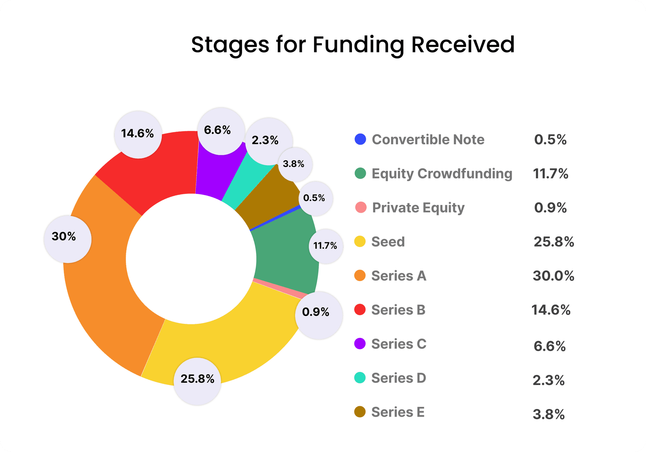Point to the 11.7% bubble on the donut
click(326, 246)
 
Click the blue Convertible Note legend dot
click(360, 140)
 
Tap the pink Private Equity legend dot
click(360, 208)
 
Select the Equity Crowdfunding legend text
click(442, 174)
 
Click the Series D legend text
click(399, 378)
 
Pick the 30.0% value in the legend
click(553, 276)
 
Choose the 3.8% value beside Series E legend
click(548, 414)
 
